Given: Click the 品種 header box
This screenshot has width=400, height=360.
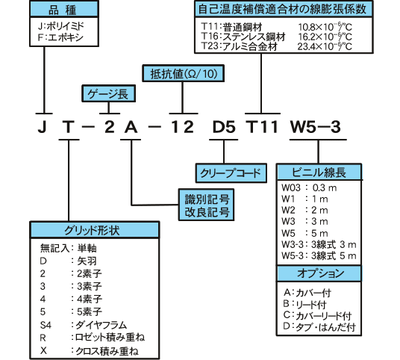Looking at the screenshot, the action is (x=64, y=9).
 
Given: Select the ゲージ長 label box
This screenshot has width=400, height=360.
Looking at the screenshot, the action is (x=108, y=93).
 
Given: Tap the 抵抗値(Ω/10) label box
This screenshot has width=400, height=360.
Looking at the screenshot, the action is (x=183, y=73).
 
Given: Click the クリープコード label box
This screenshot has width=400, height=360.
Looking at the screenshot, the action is (x=231, y=173).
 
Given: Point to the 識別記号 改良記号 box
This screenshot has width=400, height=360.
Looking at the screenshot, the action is (x=206, y=205).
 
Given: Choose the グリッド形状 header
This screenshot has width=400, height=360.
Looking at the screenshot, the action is (x=95, y=230).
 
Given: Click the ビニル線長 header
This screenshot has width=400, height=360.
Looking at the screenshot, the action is (x=319, y=172).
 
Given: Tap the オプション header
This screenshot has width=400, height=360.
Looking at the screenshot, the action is (x=319, y=273).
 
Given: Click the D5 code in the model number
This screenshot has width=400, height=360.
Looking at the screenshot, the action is (x=224, y=127).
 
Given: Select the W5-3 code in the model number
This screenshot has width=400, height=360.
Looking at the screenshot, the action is (x=316, y=127).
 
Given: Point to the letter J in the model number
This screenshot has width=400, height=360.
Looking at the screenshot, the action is (x=43, y=127).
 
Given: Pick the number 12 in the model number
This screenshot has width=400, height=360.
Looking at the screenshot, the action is (x=182, y=127).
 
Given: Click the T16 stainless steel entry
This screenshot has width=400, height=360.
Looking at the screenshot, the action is (x=243, y=37).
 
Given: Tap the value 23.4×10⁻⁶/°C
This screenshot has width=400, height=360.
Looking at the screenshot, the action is (x=325, y=46).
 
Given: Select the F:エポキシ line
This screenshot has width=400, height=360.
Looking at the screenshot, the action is (x=60, y=37).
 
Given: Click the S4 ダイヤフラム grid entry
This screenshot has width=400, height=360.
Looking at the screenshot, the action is (x=84, y=325).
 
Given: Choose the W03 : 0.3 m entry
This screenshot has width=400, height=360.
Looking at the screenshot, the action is (x=309, y=188).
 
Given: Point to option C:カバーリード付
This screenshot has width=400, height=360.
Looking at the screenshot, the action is (x=318, y=316).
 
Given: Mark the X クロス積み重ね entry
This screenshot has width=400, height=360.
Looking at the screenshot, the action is (x=90, y=351).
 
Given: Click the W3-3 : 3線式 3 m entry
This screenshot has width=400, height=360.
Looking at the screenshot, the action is (x=319, y=244).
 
